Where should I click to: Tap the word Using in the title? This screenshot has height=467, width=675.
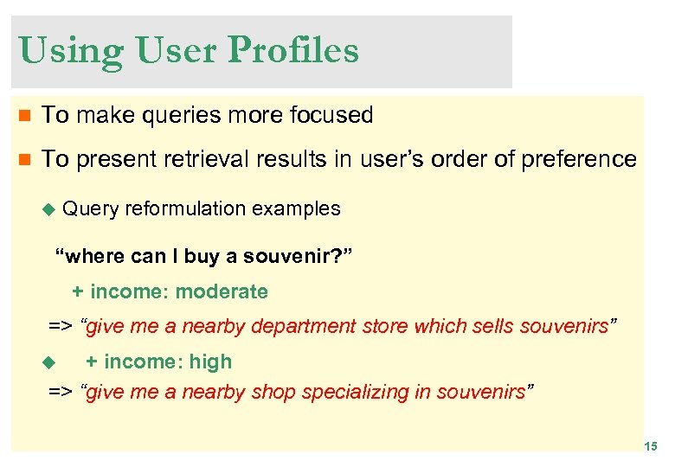(67, 51)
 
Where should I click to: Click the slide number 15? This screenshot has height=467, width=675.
(650, 446)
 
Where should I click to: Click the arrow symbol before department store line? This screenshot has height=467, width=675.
(60, 326)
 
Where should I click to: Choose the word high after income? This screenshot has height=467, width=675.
(211, 361)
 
